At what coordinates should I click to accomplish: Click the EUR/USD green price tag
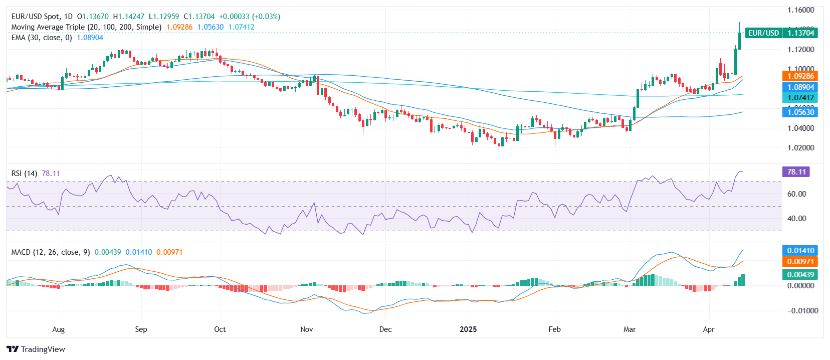(763, 33)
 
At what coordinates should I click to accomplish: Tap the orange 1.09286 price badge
(800, 76)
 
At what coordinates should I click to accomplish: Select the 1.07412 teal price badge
(800, 98)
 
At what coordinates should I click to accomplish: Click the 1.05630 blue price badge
(800, 112)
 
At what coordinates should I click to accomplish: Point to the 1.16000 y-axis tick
(800, 10)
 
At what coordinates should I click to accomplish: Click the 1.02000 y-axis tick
(800, 148)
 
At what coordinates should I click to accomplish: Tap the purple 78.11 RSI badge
(796, 172)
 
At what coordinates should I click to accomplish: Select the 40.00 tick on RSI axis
(796, 219)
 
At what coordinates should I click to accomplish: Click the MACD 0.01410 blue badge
(800, 251)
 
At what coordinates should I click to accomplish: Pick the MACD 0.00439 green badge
(800, 275)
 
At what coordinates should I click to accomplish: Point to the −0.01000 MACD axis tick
(799, 311)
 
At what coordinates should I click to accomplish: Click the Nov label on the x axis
(306, 329)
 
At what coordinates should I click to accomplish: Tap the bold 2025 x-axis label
(468, 329)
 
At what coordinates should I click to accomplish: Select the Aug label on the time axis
(59, 329)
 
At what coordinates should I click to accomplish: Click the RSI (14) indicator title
(24, 173)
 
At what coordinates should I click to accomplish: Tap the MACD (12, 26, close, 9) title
(51, 252)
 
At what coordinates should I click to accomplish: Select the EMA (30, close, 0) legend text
(42, 38)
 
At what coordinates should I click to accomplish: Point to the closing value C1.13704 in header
(199, 17)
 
